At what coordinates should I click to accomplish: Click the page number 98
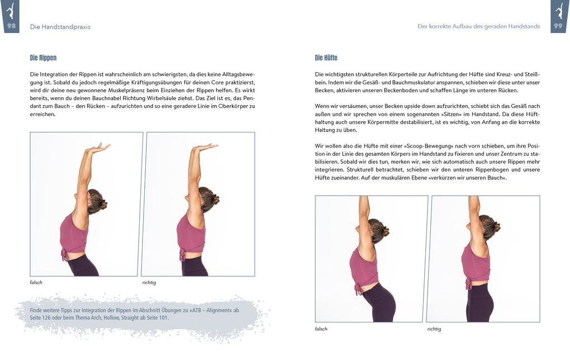click(11, 26)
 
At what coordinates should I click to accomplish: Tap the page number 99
click(558, 26)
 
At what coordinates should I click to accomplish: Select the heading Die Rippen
click(43, 58)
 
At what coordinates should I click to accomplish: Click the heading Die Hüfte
click(326, 58)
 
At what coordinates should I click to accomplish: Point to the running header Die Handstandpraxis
click(60, 26)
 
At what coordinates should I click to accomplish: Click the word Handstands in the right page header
click(522, 26)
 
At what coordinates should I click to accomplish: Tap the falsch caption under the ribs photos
click(36, 282)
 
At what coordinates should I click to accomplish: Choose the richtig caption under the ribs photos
click(149, 282)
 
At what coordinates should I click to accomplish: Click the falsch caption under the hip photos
click(321, 329)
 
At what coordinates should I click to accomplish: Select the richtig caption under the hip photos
click(434, 329)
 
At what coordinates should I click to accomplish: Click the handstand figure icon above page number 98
click(11, 10)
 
